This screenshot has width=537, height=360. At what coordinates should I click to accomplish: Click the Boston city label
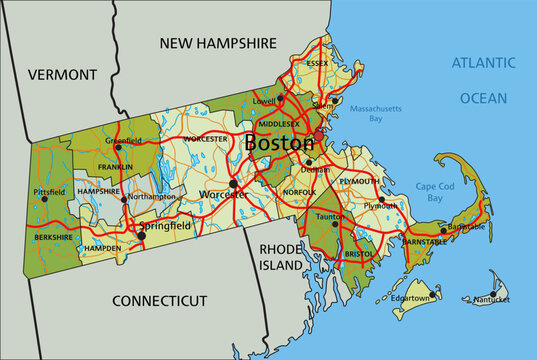(279, 144)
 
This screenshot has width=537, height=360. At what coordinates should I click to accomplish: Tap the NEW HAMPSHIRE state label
(218, 43)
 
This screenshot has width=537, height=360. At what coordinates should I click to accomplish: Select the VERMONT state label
(62, 74)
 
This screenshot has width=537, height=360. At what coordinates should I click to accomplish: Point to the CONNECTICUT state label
(159, 300)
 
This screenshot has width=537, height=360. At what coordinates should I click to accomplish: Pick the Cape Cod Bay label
(429, 192)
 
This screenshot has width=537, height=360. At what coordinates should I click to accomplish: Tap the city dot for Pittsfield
(44, 199)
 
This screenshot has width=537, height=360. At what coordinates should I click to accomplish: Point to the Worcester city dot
(232, 184)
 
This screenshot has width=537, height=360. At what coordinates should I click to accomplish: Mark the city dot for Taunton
(336, 223)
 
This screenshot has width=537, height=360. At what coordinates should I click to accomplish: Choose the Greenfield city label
(123, 141)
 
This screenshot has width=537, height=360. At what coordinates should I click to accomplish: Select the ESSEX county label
(317, 63)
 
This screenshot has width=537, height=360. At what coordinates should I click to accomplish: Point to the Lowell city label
(264, 101)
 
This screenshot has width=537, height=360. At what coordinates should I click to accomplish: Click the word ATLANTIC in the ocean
(483, 63)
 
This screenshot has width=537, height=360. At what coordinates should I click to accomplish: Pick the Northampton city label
(152, 197)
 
